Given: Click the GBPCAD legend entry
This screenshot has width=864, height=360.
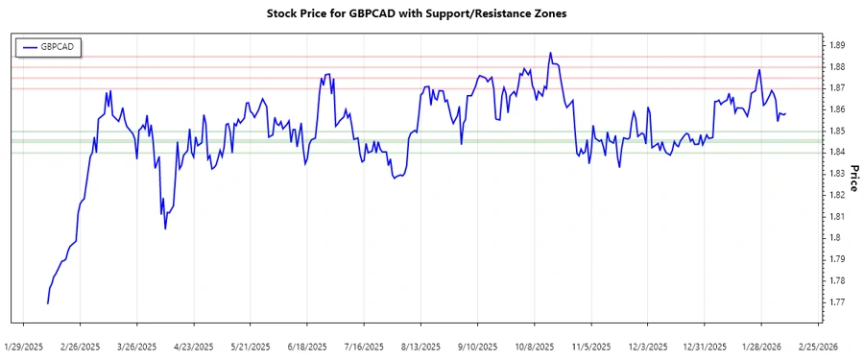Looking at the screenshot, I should [52, 46].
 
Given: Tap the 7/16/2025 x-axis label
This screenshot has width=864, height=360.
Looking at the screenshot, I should [364, 346].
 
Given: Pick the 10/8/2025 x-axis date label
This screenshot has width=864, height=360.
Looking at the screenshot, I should [534, 346].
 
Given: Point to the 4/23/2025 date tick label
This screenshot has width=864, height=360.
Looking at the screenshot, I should [194, 346].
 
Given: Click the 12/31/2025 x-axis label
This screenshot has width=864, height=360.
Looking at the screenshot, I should [703, 346].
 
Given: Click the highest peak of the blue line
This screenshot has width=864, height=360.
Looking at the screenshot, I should [550, 53].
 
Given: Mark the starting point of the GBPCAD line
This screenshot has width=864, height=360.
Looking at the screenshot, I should [47, 303].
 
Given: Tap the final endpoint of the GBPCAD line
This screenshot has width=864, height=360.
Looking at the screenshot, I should [785, 114].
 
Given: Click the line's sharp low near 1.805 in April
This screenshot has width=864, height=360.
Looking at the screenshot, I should [165, 228].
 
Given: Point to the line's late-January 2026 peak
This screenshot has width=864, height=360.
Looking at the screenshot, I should [759, 69].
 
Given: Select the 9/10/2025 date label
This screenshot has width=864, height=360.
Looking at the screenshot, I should [477, 346].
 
